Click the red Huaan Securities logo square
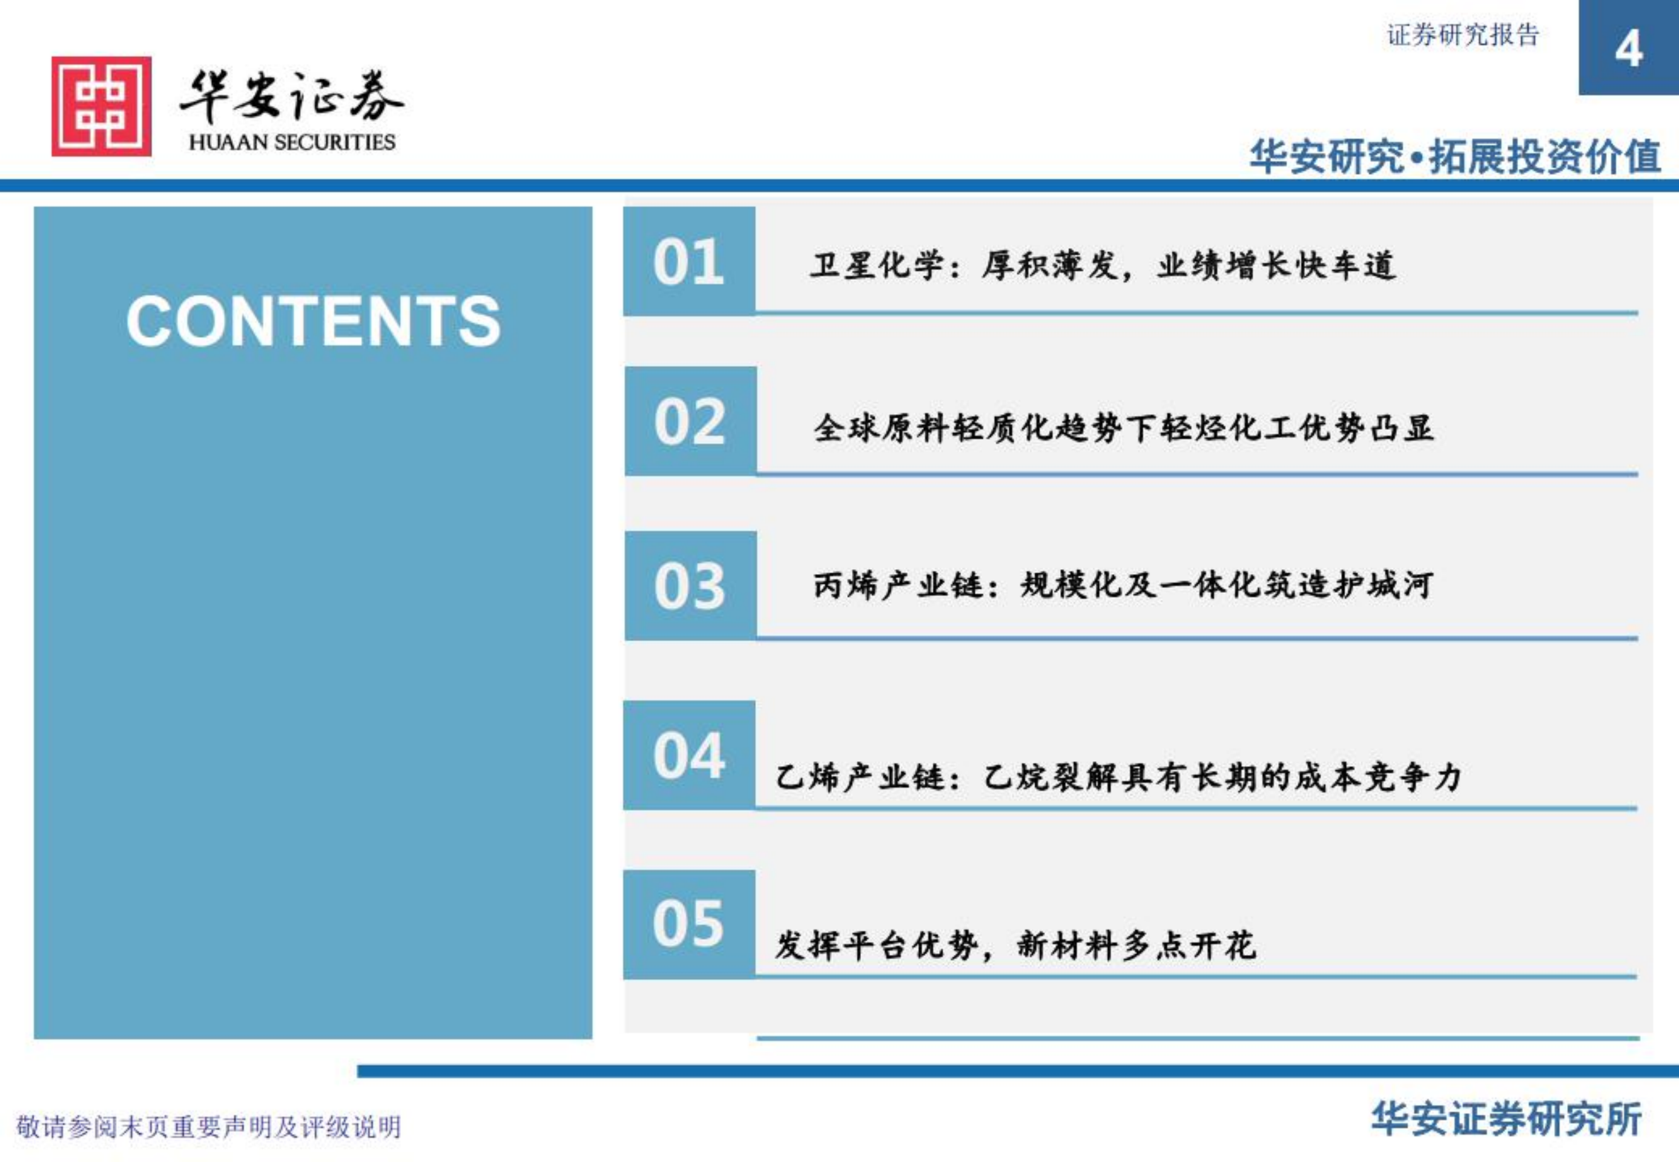[x=101, y=107]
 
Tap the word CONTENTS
[x=313, y=321]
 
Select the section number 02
[x=690, y=421]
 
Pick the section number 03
[x=690, y=586]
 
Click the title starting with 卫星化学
[x=1103, y=265]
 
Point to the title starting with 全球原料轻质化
[x=1123, y=428]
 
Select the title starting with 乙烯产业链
[x=1118, y=777]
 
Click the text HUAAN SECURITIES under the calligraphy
[x=292, y=142]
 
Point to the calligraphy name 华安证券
[x=291, y=97]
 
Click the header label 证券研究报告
[x=1462, y=35]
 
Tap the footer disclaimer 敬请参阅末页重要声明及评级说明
[x=209, y=1127]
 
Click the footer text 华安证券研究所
[x=1506, y=1119]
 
